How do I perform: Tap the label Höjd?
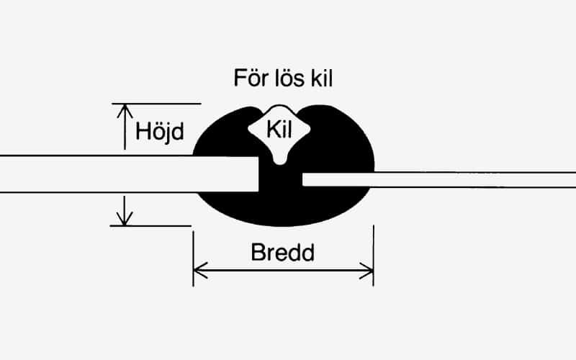160,132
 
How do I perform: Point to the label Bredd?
284,253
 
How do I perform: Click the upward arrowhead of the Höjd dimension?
125,111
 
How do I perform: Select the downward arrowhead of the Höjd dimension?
125,218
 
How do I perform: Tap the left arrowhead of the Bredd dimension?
199,271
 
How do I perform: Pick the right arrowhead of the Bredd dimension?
368,271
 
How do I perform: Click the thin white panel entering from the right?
446,179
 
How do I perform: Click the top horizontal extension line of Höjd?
156,104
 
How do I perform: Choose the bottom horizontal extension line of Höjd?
150,225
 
